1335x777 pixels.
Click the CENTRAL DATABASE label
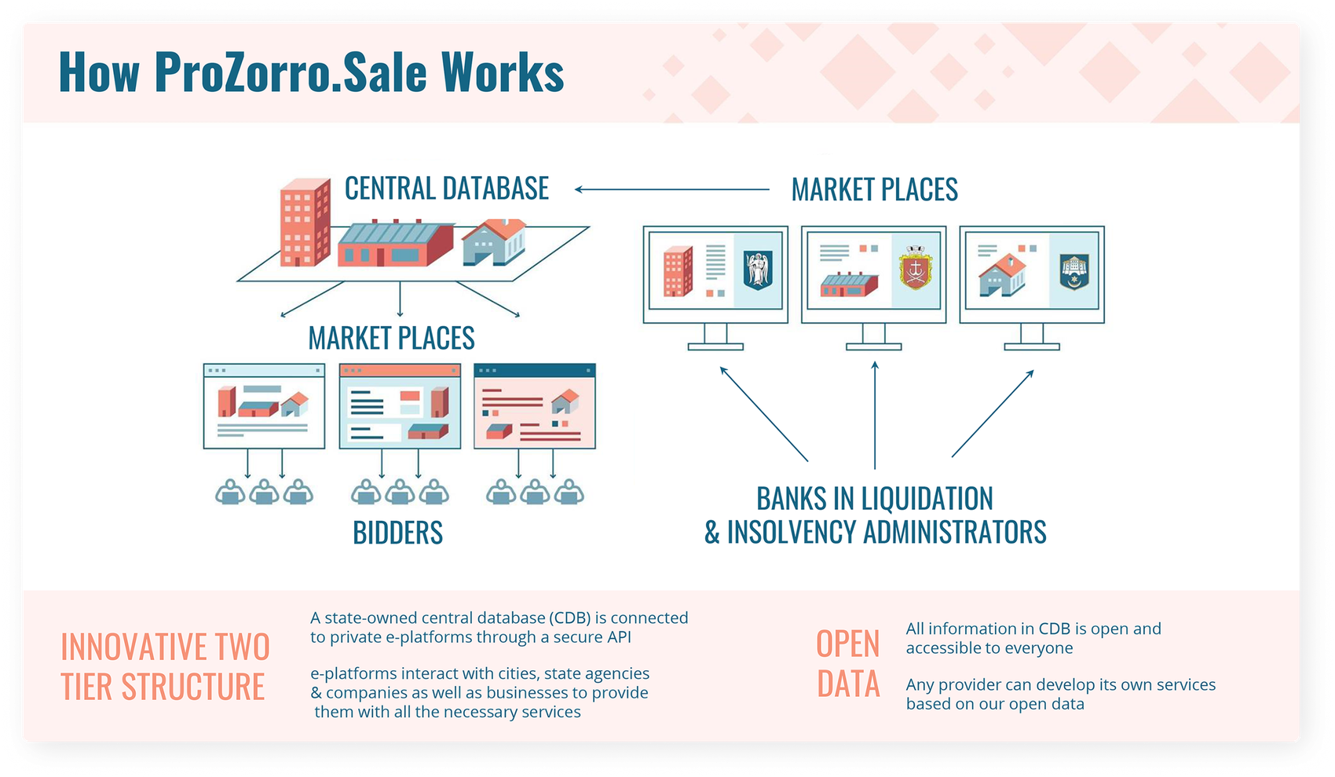pyautogui.click(x=446, y=189)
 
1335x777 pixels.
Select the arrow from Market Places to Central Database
pyautogui.click(x=671, y=189)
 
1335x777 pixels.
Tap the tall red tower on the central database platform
pyautogui.click(x=305, y=222)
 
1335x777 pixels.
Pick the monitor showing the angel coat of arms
pyautogui.click(x=715, y=274)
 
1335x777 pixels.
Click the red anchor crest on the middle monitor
pyautogui.click(x=915, y=269)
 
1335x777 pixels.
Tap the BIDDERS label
pyautogui.click(x=397, y=533)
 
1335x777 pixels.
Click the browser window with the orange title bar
pyautogui.click(x=400, y=406)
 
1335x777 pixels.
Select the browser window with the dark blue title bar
pyautogui.click(x=535, y=406)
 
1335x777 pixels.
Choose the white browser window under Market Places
pyautogui.click(x=264, y=406)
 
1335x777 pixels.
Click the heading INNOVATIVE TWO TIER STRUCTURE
pyautogui.click(x=165, y=667)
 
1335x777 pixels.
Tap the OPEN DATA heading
pyautogui.click(x=848, y=664)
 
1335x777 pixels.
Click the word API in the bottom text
pyautogui.click(x=617, y=637)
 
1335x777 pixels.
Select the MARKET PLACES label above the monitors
pyautogui.click(x=874, y=189)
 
